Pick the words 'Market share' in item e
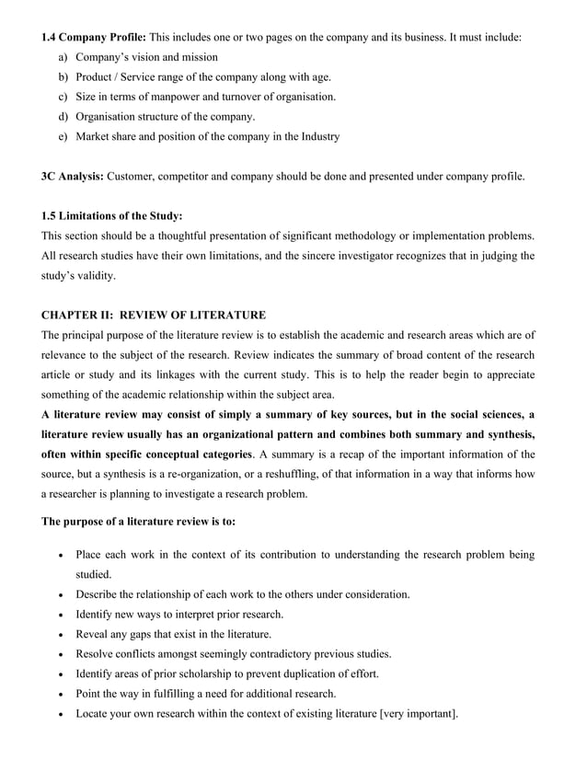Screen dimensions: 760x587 tap(116, 137)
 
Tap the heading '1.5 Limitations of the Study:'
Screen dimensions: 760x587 tap(111, 216)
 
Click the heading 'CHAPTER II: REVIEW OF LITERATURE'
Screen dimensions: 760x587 tap(154, 316)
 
